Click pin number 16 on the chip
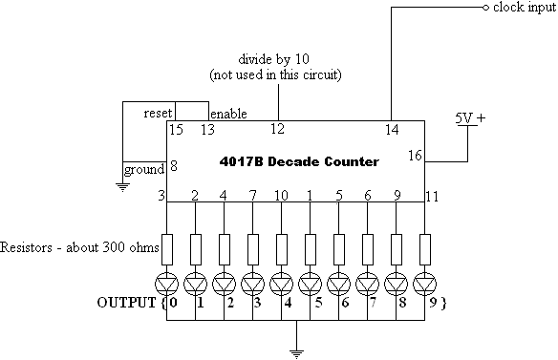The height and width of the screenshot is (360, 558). click(x=414, y=154)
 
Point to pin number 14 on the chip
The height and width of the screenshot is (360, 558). click(x=391, y=129)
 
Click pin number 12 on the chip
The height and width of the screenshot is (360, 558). click(x=278, y=129)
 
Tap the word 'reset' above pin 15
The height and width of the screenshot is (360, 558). click(x=158, y=113)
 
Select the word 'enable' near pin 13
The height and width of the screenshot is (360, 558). click(x=228, y=113)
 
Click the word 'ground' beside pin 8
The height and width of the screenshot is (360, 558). click(x=144, y=172)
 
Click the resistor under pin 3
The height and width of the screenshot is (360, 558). click(x=168, y=248)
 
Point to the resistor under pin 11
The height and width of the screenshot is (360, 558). click(x=424, y=248)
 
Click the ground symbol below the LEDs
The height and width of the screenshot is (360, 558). click(x=298, y=350)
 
